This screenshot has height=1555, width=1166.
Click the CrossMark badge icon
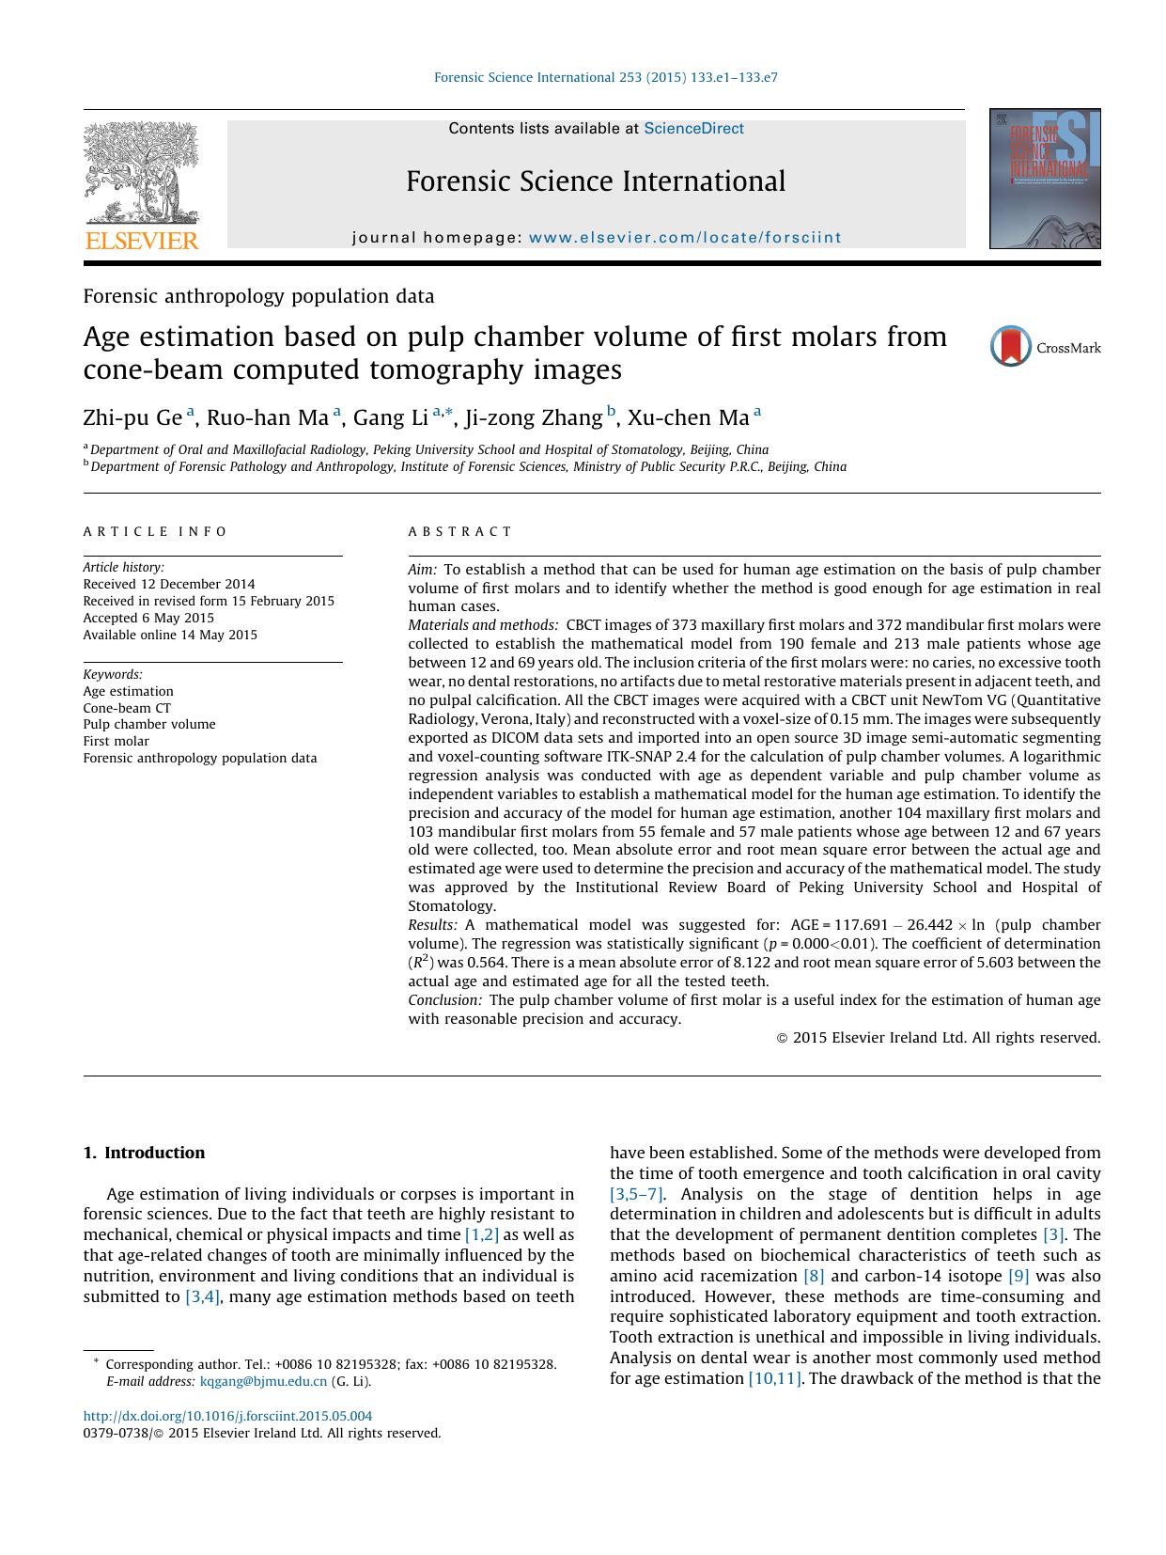click(x=1011, y=347)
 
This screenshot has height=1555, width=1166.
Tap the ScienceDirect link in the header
click(x=693, y=129)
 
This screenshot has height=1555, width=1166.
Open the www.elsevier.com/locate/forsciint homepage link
click(x=685, y=238)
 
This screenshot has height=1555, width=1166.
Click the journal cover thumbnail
click(x=1044, y=179)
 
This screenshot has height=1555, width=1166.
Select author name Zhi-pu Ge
click(x=132, y=417)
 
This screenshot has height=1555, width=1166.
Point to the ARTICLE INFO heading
click(x=155, y=532)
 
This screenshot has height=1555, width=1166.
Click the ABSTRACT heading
click(x=460, y=532)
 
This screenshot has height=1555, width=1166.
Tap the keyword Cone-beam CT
click(x=127, y=708)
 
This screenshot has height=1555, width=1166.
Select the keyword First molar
click(x=116, y=741)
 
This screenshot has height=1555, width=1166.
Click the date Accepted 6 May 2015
click(x=148, y=618)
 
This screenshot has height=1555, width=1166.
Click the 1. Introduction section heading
click(x=144, y=1153)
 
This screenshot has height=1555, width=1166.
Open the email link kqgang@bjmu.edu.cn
click(x=263, y=1381)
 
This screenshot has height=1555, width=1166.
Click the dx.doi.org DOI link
click(x=227, y=1416)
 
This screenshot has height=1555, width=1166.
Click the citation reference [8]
click(x=813, y=1276)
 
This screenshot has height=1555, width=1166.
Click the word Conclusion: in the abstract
click(x=445, y=1000)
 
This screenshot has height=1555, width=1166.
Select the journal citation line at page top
click(x=605, y=78)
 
